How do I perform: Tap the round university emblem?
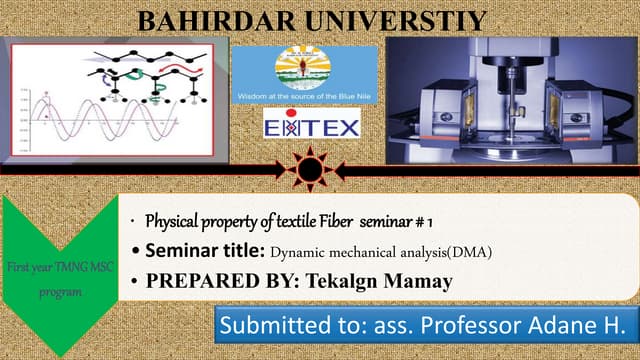(305, 68)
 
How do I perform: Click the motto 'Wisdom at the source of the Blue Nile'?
(304, 96)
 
